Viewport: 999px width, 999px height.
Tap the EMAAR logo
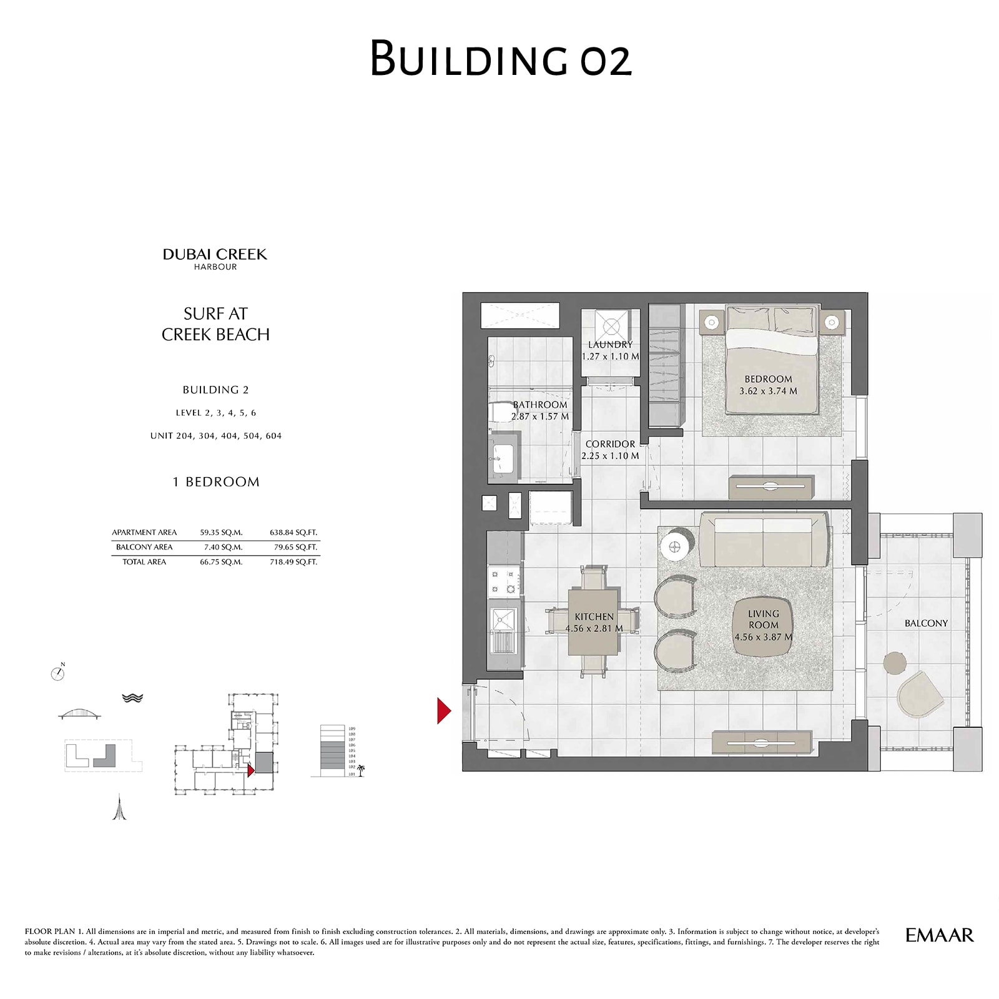[939, 935]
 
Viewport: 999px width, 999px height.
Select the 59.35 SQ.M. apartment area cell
[221, 533]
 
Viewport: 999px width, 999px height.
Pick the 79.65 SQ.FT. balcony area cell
[293, 547]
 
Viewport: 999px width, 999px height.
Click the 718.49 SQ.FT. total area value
[293, 562]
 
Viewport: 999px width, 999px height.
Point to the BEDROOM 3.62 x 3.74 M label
[768, 385]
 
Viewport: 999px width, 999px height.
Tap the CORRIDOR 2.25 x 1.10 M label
[610, 450]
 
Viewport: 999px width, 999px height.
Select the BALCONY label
[925, 623]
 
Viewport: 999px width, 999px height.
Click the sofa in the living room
[765, 534]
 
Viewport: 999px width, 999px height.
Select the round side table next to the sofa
[675, 546]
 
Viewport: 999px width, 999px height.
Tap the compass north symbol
[57, 673]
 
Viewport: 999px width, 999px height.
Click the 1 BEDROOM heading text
[215, 482]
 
